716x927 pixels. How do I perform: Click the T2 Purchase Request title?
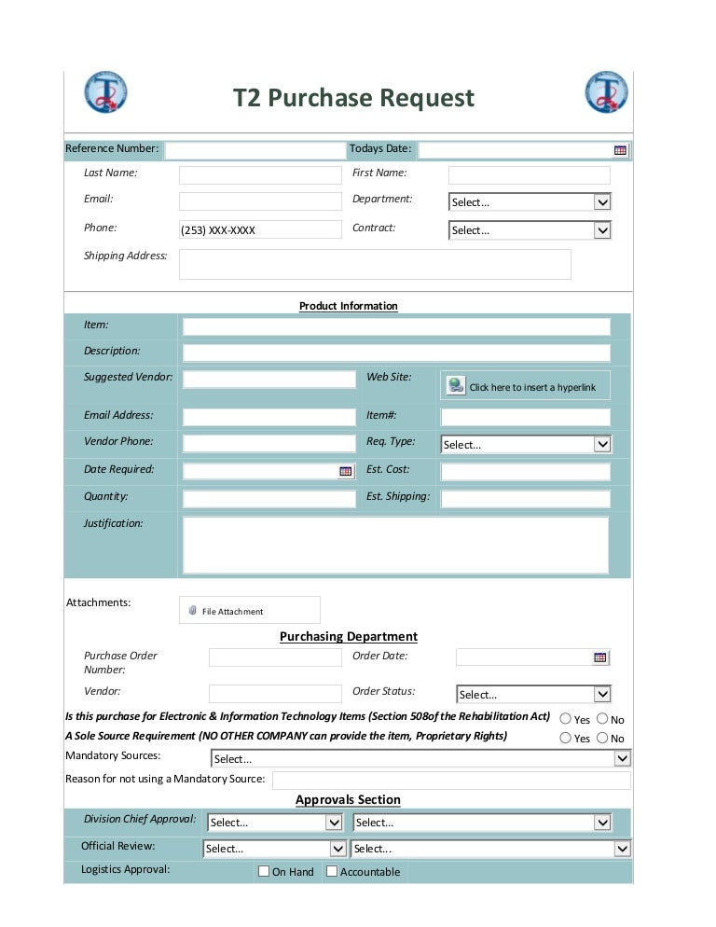tap(353, 98)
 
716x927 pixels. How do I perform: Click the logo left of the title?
tap(105, 92)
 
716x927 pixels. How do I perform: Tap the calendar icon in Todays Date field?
tap(620, 150)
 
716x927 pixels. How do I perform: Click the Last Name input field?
tap(260, 175)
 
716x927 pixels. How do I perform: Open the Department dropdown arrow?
tap(602, 202)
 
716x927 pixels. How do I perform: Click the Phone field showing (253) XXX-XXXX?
tap(260, 229)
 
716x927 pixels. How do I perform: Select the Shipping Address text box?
tap(375, 264)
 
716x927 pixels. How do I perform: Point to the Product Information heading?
tap(348, 306)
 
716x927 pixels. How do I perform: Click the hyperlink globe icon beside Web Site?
tap(455, 385)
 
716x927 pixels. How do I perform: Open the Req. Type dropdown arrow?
tap(602, 445)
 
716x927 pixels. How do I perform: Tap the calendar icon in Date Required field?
tap(346, 472)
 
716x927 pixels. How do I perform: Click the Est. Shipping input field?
tap(525, 499)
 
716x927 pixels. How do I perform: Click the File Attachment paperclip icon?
tap(192, 611)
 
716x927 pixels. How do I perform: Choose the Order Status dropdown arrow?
tap(602, 694)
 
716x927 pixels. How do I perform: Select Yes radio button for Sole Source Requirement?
tap(565, 738)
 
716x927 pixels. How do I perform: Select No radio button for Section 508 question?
tap(601, 719)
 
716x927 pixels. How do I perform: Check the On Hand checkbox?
tap(264, 871)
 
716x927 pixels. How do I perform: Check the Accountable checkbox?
tap(332, 871)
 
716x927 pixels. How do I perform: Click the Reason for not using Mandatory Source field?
tap(451, 780)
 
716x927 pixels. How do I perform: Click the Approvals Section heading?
tap(348, 800)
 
